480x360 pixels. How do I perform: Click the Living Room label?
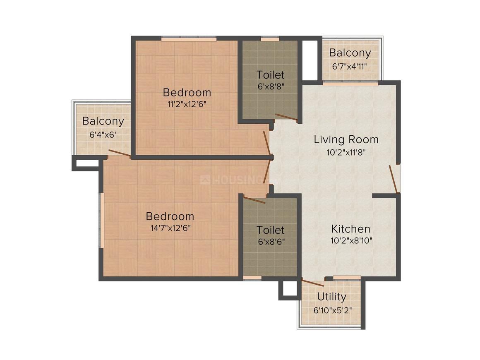click(x=346, y=139)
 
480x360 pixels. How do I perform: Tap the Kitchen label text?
click(x=350, y=229)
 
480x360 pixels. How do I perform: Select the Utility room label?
click(x=331, y=297)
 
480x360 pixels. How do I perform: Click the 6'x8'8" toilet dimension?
click(x=270, y=86)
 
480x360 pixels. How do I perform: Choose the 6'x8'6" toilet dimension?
click(x=271, y=241)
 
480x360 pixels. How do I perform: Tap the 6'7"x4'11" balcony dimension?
click(x=350, y=66)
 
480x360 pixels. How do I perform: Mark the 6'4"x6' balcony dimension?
click(x=103, y=134)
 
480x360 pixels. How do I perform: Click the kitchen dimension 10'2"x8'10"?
click(x=352, y=241)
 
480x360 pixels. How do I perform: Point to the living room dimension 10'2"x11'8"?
click(x=346, y=152)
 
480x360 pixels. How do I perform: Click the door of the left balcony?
click(x=119, y=154)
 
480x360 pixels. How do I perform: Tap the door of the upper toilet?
click(x=286, y=118)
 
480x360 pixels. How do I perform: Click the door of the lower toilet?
click(x=254, y=200)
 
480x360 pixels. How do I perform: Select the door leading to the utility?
click(x=312, y=283)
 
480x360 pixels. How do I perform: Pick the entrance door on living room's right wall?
click(x=394, y=179)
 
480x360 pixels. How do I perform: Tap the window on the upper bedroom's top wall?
click(x=188, y=39)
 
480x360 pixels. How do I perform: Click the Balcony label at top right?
click(x=350, y=53)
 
